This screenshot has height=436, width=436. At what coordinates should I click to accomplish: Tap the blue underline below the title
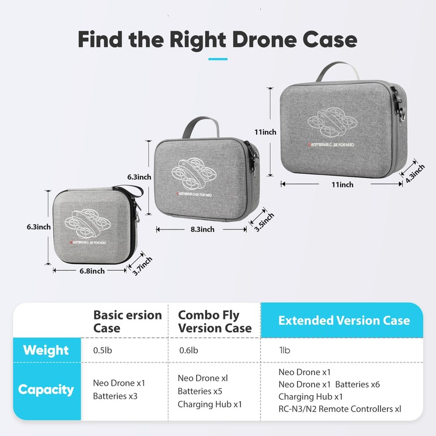(x=217, y=58)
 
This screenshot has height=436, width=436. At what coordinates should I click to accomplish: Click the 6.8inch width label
(x=90, y=271)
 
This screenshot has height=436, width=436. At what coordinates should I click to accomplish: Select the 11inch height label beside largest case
(x=265, y=132)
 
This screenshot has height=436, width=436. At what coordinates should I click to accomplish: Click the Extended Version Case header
(x=344, y=320)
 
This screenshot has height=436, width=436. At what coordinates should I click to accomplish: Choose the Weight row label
(x=46, y=350)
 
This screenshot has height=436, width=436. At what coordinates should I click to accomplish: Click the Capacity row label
(x=46, y=389)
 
